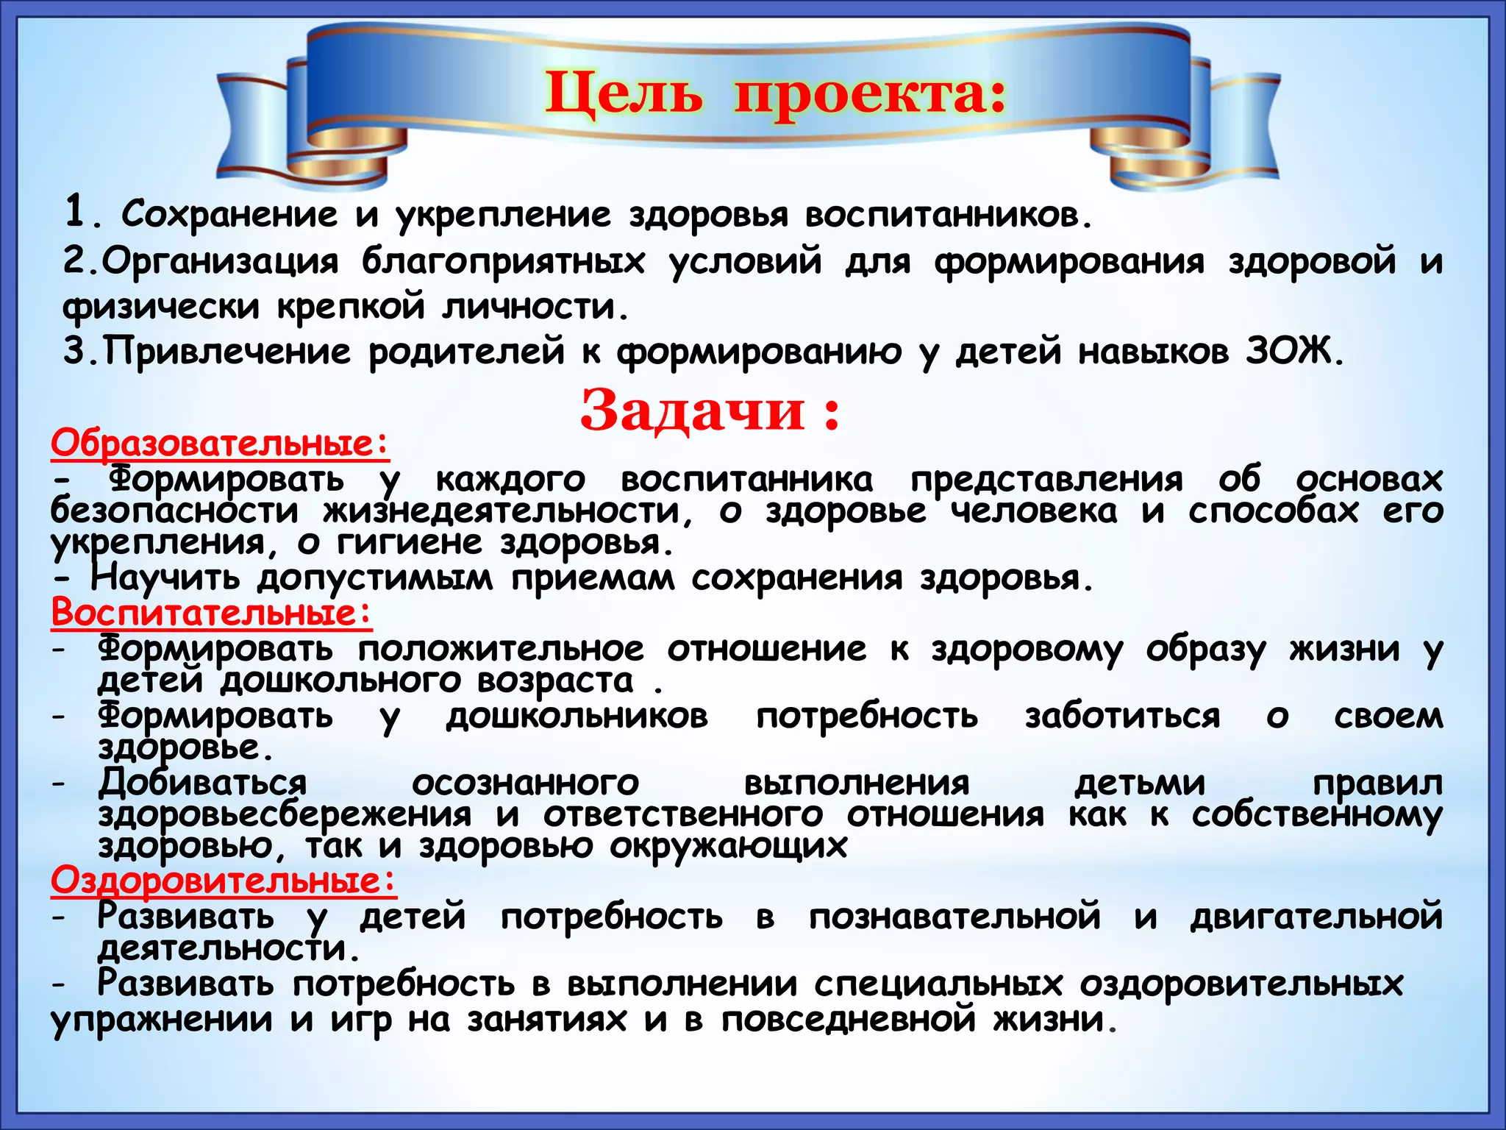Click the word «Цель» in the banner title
(624, 95)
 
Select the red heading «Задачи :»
(710, 411)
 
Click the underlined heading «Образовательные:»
(220, 443)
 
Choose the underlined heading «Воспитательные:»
(212, 612)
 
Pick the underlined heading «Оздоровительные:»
(224, 880)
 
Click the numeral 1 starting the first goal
(76, 213)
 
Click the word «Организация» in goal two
(220, 261)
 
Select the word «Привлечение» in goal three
(227, 351)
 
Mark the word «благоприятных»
(503, 261)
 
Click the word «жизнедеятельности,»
(507, 511)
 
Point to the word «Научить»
(165, 578)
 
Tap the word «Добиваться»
(203, 782)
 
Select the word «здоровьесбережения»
(285, 814)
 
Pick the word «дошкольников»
(577, 716)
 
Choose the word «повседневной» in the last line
(849, 1020)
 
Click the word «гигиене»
(410, 544)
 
